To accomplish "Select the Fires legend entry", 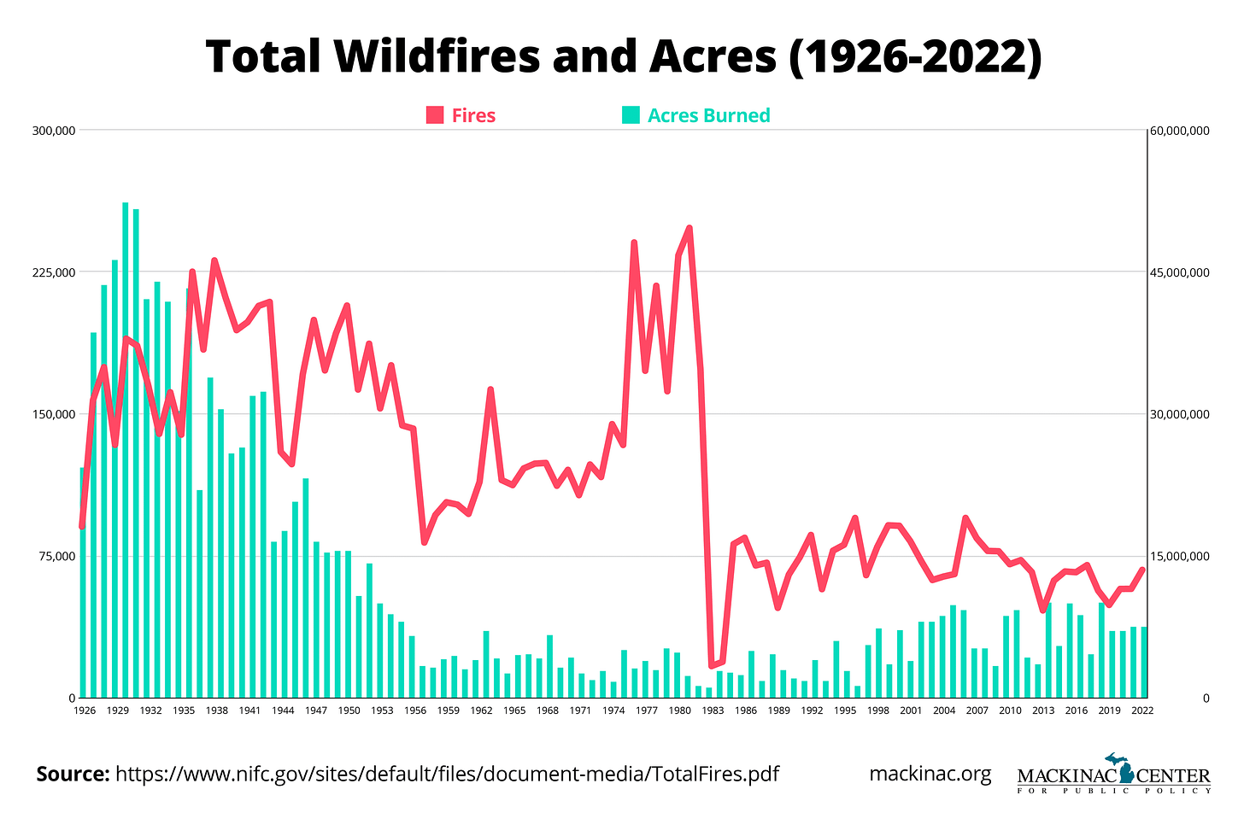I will pos(461,115).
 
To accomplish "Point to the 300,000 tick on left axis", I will pos(55,131).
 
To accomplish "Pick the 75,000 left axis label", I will pos(57,556).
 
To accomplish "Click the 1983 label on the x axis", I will pos(713,710).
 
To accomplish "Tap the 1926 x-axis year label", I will pos(84,710).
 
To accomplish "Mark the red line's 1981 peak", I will pos(689,228).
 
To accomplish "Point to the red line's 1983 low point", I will pos(711,665).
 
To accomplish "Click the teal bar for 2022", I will pos(1143,663).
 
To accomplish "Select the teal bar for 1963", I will pos(486,664).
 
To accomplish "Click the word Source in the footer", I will pos(72,774).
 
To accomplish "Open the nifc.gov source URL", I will pos(447,774).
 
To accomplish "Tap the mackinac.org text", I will pos(930,774).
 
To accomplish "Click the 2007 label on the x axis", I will pos(977,710).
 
